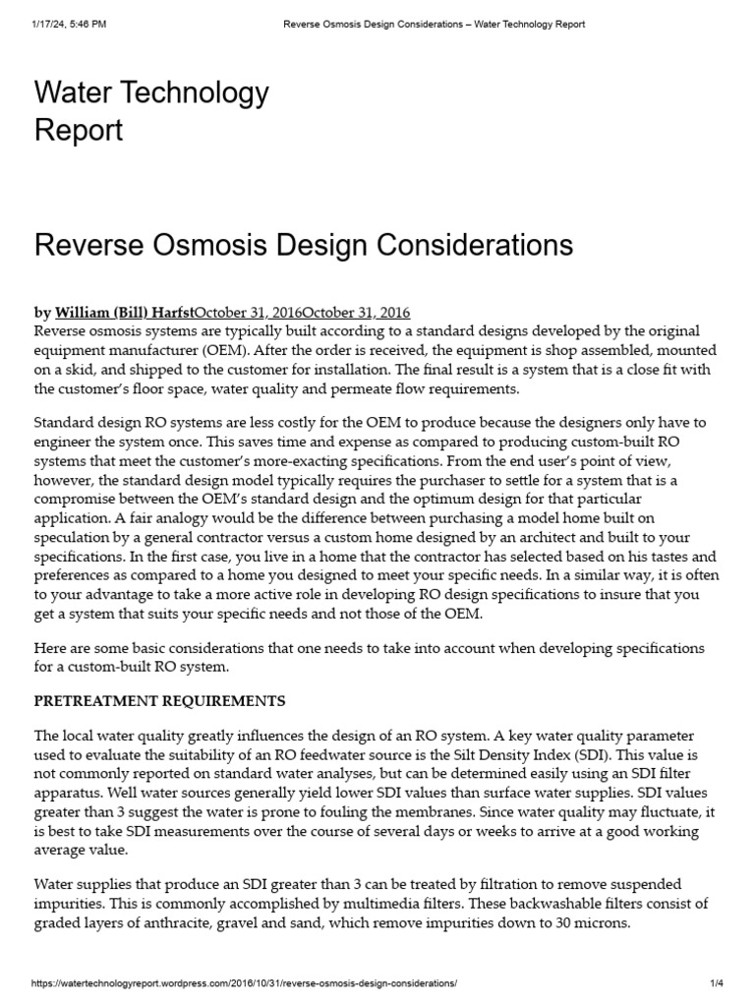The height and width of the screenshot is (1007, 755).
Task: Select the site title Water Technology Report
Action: click(x=151, y=111)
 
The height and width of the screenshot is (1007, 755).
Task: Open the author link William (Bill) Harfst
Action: click(x=124, y=312)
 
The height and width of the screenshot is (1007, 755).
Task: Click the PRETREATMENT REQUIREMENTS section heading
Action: click(x=160, y=701)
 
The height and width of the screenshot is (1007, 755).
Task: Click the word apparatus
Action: click(x=69, y=793)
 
